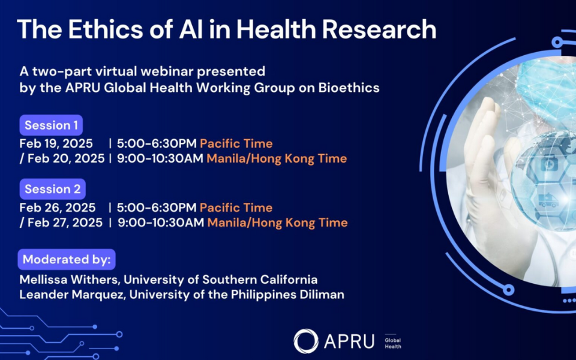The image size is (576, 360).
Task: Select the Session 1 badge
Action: pyautogui.click(x=51, y=125)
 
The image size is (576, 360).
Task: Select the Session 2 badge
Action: pyautogui.click(x=52, y=189)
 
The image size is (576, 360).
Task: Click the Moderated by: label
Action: pyautogui.click(x=67, y=260)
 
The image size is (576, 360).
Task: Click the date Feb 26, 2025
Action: pyautogui.click(x=57, y=208)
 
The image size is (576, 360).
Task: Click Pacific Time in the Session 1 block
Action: pyautogui.click(x=236, y=144)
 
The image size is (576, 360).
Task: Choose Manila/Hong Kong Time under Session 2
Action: pyautogui.click(x=277, y=223)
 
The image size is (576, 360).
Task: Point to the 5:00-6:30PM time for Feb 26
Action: pyautogui.click(x=157, y=208)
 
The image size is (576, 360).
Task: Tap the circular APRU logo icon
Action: pyautogui.click(x=305, y=340)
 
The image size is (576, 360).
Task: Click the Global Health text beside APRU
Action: pyautogui.click(x=393, y=343)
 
